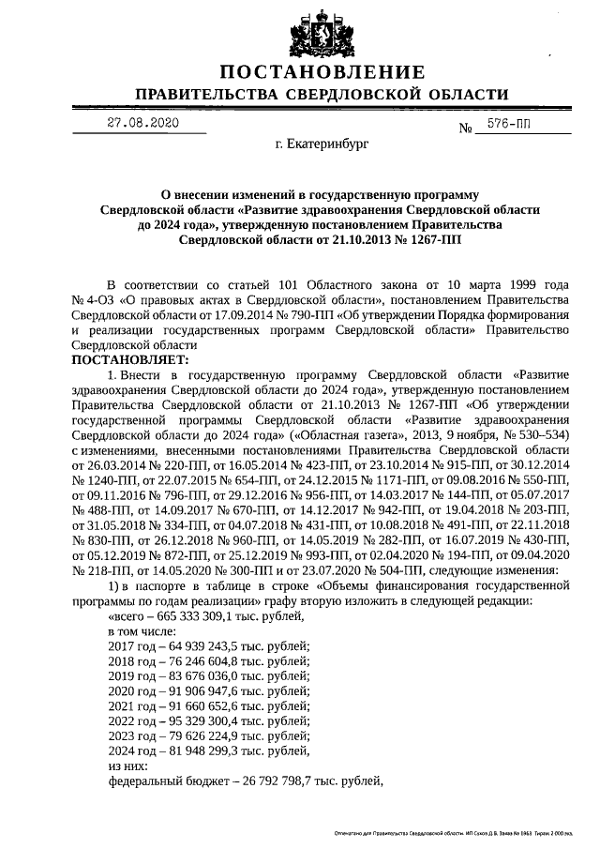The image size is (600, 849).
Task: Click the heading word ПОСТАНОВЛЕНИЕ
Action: tap(322, 73)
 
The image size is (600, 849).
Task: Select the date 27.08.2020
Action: tap(142, 123)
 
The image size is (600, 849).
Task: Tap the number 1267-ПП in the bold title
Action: tap(427, 240)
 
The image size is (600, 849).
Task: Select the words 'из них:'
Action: tap(128, 766)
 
